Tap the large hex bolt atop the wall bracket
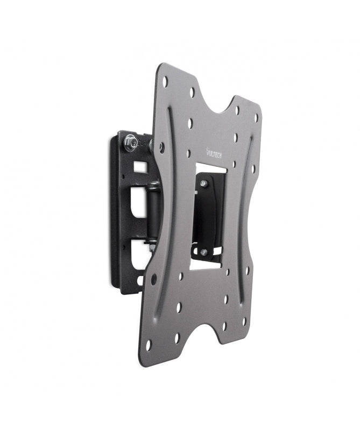(129, 142)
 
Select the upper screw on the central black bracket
(204, 184)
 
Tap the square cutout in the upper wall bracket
(139, 167)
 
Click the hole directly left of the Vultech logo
(188, 153)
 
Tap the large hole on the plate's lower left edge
(154, 279)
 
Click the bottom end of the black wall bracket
(129, 288)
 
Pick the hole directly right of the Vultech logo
(235, 138)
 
